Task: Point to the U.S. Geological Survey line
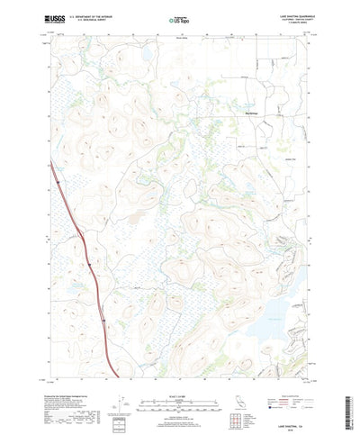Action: (91, 20)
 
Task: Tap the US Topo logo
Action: (179, 18)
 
